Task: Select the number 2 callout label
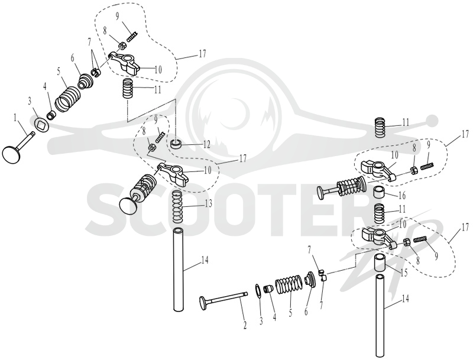point(245,325)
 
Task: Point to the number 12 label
point(206,144)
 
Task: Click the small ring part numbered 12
point(176,144)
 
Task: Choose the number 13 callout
point(208,203)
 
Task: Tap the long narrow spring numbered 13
point(179,207)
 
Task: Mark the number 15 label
point(404,273)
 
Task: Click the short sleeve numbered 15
point(380,263)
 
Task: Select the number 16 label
point(402,196)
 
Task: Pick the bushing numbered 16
point(380,193)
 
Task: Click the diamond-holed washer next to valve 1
point(40,125)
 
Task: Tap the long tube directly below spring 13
point(179,269)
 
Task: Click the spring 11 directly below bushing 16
point(380,213)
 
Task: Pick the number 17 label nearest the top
point(202,53)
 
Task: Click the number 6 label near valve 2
point(306,312)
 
